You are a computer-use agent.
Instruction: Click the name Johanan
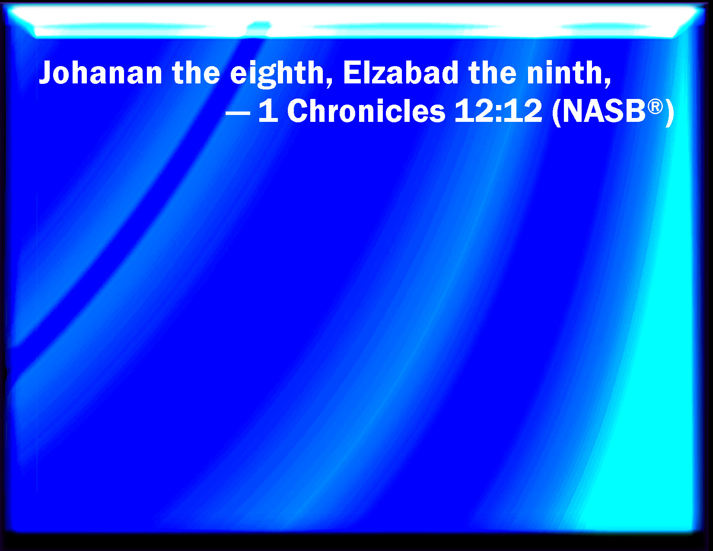[x=101, y=73]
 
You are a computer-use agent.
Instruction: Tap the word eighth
[x=277, y=74]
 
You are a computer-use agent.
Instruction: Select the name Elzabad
[x=401, y=73]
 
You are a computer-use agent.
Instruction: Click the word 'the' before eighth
[x=196, y=73]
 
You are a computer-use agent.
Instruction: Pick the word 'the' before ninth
[x=492, y=73]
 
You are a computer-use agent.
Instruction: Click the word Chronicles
[x=366, y=111]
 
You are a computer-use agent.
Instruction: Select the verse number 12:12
[x=498, y=111]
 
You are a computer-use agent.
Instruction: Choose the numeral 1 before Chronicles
[x=269, y=111]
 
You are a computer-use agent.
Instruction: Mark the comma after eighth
[x=329, y=83]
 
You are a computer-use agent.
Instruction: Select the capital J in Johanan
[x=47, y=73]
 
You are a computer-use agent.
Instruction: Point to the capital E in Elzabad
[x=350, y=73]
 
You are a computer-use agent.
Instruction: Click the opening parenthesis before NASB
[x=557, y=111]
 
